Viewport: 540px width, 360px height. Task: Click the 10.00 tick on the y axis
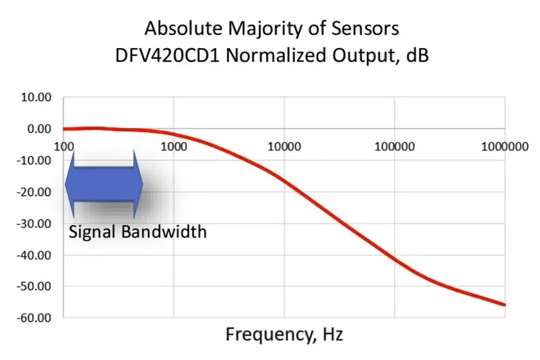pos(36,97)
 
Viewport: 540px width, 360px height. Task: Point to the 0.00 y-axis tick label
pos(39,129)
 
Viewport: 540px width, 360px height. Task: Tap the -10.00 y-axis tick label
pos(34,161)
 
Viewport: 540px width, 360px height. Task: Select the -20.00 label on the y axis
pos(34,192)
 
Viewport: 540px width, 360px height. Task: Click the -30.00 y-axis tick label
pos(34,224)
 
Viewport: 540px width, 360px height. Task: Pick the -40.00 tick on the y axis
pos(34,256)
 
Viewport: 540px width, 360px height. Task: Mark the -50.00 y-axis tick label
pos(34,287)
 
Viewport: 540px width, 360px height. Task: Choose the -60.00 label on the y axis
pos(34,318)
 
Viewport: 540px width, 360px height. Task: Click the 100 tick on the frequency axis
pos(64,147)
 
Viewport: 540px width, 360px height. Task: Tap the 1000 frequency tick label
pos(174,147)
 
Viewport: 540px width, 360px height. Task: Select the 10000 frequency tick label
pos(284,147)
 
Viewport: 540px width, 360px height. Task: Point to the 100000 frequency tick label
pos(395,147)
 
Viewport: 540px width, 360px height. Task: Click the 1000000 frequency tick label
pos(505,147)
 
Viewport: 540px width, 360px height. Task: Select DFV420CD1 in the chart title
pos(167,55)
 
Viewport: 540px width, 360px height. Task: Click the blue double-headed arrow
pos(104,184)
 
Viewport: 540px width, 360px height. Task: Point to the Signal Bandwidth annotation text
pos(138,232)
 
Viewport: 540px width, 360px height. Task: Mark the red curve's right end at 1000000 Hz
pos(505,305)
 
